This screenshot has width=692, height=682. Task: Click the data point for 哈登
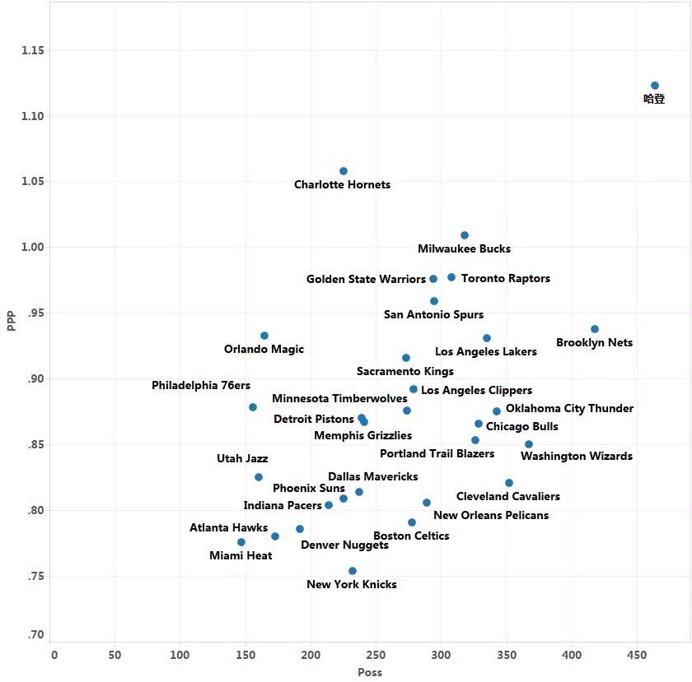click(x=655, y=86)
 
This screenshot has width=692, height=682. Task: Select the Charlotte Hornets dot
click(x=344, y=171)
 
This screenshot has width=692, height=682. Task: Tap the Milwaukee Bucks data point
click(x=465, y=235)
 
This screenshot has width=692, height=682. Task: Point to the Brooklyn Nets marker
click(x=595, y=329)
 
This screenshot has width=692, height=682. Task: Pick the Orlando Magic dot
click(x=264, y=336)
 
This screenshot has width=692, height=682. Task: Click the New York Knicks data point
click(x=353, y=571)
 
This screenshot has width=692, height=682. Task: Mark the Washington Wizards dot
click(x=529, y=444)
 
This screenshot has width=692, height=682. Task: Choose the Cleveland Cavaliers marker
click(x=509, y=483)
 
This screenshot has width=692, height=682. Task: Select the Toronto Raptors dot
click(x=451, y=277)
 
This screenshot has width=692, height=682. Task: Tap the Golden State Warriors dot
click(x=433, y=279)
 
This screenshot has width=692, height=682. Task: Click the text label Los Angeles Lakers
click(x=486, y=352)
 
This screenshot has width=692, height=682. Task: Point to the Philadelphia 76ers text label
click(x=201, y=386)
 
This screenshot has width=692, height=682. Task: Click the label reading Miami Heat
click(x=241, y=556)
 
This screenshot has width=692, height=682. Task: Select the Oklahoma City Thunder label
click(x=569, y=409)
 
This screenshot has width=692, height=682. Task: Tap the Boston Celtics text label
click(x=411, y=536)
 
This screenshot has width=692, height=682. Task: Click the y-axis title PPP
click(x=12, y=320)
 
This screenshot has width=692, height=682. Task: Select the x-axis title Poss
click(x=369, y=672)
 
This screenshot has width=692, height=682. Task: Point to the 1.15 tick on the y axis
click(x=33, y=51)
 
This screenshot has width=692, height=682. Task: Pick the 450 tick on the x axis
click(x=636, y=655)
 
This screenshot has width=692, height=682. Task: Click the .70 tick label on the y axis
click(x=35, y=635)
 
